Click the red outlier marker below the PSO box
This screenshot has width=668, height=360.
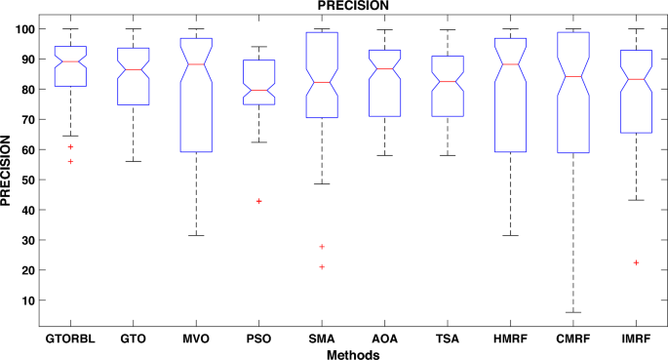258,201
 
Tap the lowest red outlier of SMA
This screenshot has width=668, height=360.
322,266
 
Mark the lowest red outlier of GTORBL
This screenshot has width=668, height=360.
70,161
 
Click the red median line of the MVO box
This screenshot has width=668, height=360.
196,64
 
